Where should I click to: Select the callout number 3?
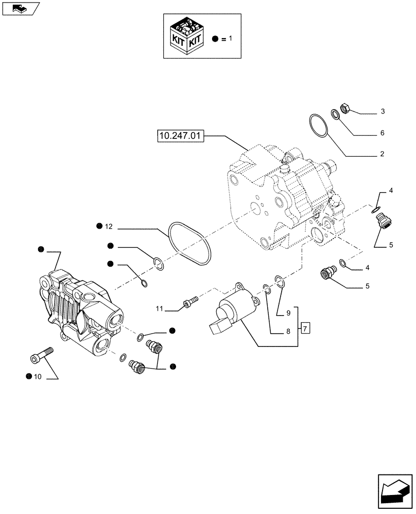coord(383,112)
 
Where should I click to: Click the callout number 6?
coord(383,133)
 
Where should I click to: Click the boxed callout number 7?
coord(305,327)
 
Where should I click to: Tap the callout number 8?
coord(289,332)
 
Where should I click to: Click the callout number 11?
coord(160,308)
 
